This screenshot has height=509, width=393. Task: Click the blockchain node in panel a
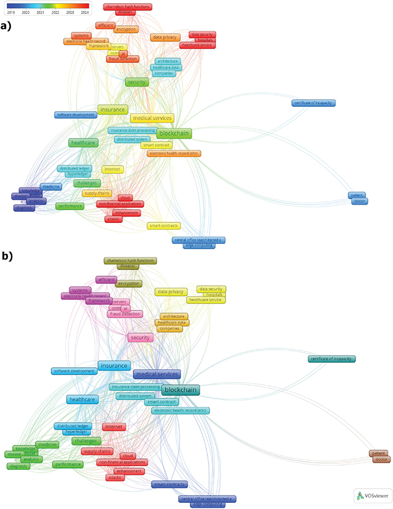(174, 133)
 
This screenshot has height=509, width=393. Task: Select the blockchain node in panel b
(181, 389)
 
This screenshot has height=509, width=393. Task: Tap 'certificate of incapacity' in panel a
(313, 103)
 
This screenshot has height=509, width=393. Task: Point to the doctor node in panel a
(360, 201)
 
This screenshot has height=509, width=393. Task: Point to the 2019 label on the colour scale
(10, 12)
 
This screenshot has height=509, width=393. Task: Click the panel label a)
(7, 26)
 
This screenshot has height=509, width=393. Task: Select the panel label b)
(7, 257)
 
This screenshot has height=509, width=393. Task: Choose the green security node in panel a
(137, 82)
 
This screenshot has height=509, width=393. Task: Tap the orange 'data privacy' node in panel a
(165, 37)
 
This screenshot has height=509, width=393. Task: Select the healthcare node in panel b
(83, 400)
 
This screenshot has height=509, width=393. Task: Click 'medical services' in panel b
(156, 375)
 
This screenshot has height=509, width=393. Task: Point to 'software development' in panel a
(75, 115)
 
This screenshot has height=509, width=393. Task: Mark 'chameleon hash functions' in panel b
(129, 260)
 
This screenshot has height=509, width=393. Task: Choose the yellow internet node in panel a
(113, 169)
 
